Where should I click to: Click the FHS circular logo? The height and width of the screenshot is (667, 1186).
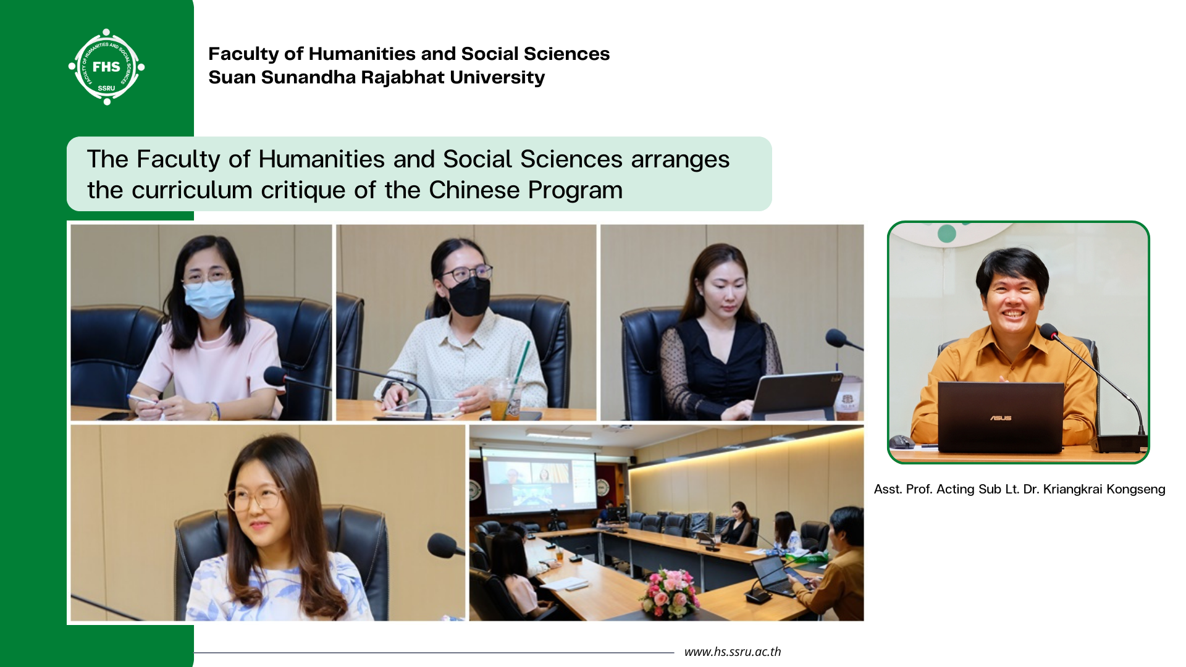coord(106,67)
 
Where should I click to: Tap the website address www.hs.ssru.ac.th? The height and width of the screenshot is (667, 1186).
coord(733,652)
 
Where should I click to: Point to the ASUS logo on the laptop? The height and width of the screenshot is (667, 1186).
coord(1001,418)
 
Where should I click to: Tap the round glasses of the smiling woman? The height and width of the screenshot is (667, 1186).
coord(254,497)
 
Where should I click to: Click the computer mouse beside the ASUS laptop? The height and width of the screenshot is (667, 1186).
coord(901,441)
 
